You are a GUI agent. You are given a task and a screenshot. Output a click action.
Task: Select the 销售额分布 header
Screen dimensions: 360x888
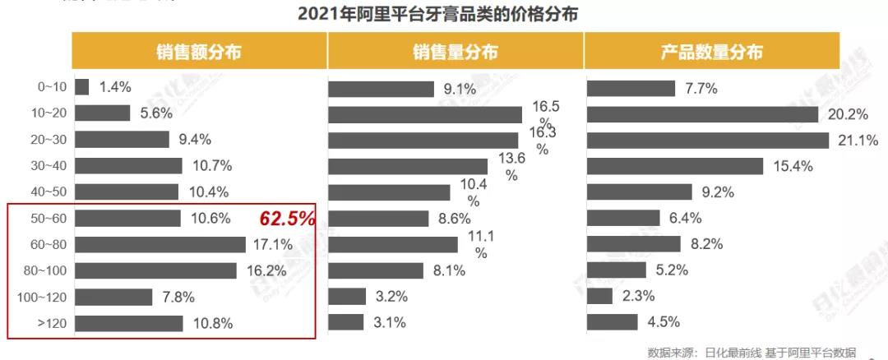[x=198, y=52]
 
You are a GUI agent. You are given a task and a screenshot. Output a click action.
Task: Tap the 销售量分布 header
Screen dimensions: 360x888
[x=455, y=52]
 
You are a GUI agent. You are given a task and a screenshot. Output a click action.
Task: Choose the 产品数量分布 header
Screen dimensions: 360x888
[x=712, y=52]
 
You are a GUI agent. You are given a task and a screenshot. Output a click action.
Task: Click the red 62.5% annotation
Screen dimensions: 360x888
[x=288, y=219]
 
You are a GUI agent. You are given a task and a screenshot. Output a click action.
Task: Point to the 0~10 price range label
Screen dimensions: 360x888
[x=43, y=86]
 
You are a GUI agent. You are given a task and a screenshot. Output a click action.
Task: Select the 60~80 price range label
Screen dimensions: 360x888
[x=43, y=244]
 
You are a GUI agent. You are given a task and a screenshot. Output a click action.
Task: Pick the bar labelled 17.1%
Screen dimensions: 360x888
[x=160, y=244]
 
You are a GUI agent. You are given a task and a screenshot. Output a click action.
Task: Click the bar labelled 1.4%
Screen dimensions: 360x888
[x=81, y=86]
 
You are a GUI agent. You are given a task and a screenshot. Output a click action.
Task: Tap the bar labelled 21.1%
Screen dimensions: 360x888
[x=708, y=140]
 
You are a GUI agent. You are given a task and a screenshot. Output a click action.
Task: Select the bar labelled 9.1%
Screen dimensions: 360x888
[x=382, y=89]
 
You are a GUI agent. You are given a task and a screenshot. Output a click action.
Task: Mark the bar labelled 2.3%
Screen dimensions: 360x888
[x=600, y=296]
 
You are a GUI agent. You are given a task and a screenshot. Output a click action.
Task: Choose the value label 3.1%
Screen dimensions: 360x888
[x=389, y=322]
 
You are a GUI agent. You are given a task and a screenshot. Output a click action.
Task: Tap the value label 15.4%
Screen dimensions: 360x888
[x=793, y=166]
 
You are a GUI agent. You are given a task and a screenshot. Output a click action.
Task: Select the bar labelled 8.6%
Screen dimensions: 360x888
[x=378, y=218]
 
